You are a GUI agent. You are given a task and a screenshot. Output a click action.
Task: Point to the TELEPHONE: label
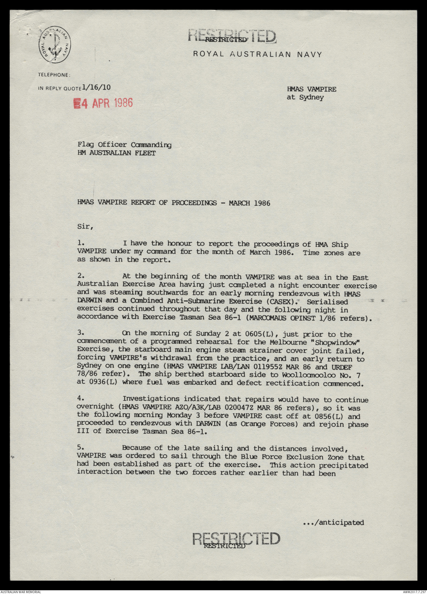point(54,75)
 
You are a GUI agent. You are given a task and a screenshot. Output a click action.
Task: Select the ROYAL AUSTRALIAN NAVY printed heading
point(257,54)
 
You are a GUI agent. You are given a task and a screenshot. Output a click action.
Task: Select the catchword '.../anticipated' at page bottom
point(333,522)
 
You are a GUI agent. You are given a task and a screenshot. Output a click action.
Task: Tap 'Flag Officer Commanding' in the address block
point(124,145)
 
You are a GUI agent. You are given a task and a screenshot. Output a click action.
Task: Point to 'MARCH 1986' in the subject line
point(249,203)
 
